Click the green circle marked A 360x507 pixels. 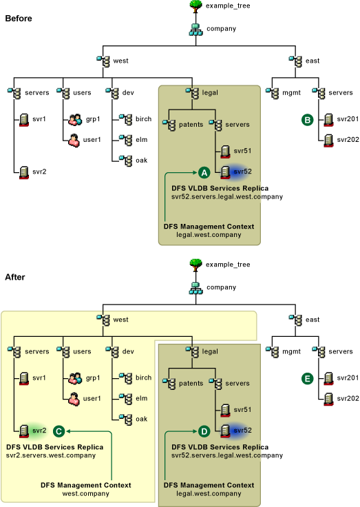[x=204, y=173]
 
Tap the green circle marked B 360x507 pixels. [x=307, y=120]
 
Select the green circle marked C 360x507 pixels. [x=59, y=431]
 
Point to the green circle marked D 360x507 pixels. [x=204, y=431]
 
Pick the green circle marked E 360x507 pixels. [x=307, y=379]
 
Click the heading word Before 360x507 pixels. [x=19, y=19]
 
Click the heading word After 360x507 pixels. [x=15, y=277]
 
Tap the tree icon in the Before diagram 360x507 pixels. [x=195, y=6]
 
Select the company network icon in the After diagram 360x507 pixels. [x=195, y=288]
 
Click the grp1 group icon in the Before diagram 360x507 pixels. [x=75, y=120]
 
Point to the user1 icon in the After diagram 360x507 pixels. [x=74, y=399]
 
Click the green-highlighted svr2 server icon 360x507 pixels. [x=24, y=431]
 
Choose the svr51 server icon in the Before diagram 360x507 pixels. [x=225, y=152]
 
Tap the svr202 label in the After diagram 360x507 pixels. [x=348, y=398]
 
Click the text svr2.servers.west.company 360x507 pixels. [x=51, y=455]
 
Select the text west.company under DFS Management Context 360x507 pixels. [x=85, y=494]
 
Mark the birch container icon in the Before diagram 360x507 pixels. [x=126, y=119]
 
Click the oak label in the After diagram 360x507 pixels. [x=142, y=419]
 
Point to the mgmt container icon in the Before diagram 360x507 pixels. [x=273, y=93]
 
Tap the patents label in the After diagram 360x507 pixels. [x=191, y=384]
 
